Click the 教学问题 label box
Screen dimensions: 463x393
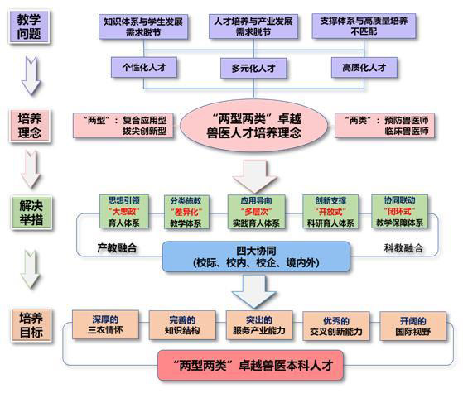pos(29,26)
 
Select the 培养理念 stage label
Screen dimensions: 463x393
pos(30,126)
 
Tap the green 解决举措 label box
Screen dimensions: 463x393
pos(31,212)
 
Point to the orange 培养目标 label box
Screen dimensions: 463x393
pos(31,325)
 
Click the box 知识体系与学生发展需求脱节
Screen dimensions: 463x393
pos(143,26)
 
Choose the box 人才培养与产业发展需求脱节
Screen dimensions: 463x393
pos(253,26)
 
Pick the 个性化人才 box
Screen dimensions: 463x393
pos(144,67)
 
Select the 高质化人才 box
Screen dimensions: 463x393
pos(364,68)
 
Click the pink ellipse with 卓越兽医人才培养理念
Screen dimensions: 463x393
pos(253,126)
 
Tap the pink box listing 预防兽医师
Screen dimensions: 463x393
pos(385,126)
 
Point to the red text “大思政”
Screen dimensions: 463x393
pos(124,212)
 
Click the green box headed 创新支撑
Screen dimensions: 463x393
pos(330,212)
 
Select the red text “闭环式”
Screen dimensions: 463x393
pos(399,211)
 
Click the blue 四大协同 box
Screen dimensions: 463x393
pos(256,256)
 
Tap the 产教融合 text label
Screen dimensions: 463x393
pos(117,248)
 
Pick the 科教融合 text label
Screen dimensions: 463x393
pos(403,248)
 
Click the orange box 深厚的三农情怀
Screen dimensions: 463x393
pos(105,324)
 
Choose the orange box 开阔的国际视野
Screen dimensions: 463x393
pos(412,326)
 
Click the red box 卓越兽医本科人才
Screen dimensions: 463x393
pos(251,365)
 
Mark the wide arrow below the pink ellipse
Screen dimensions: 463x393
pos(254,176)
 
